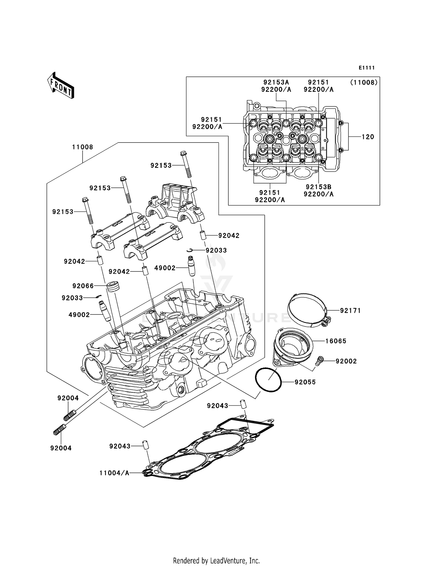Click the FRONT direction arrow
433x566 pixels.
61,86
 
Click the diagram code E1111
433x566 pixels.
367,68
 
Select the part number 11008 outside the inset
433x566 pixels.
83,147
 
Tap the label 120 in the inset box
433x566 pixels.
368,137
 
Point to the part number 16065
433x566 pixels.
336,341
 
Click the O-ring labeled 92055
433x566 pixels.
268,380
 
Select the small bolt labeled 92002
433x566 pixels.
320,360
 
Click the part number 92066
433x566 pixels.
83,286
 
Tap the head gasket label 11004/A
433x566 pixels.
114,473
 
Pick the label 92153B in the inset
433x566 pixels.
318,187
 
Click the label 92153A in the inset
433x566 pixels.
276,82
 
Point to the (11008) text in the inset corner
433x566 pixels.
364,82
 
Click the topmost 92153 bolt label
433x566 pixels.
161,165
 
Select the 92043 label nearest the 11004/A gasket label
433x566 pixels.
120,446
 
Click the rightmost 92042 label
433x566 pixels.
229,236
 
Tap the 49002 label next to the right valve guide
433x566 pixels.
165,268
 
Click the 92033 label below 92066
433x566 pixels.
72,298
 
